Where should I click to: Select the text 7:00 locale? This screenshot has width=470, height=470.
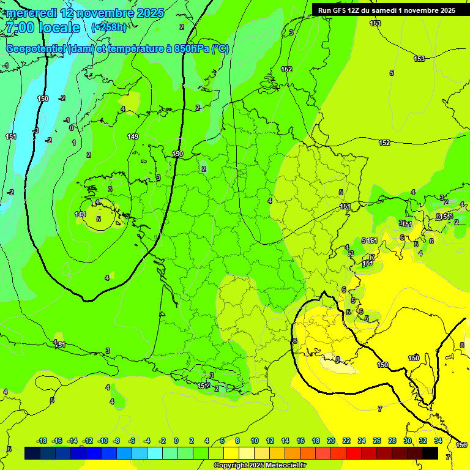click(x=42, y=28)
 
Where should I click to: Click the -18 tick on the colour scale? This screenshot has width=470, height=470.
click(x=42, y=441)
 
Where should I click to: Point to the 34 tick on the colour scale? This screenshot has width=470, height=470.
click(x=438, y=441)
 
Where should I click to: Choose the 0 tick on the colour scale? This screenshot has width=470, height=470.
click(x=176, y=441)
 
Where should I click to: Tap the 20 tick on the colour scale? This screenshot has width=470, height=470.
click(x=331, y=441)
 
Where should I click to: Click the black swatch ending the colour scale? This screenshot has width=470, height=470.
click(x=430, y=453)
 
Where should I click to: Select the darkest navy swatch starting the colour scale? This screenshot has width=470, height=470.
click(x=32, y=453)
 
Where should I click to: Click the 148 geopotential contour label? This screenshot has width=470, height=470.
click(x=80, y=214)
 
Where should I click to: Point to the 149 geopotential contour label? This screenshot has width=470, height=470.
click(x=133, y=136)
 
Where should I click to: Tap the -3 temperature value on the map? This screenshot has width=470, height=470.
click(x=36, y=130)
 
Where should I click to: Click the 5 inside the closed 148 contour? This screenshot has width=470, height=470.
click(x=99, y=218)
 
